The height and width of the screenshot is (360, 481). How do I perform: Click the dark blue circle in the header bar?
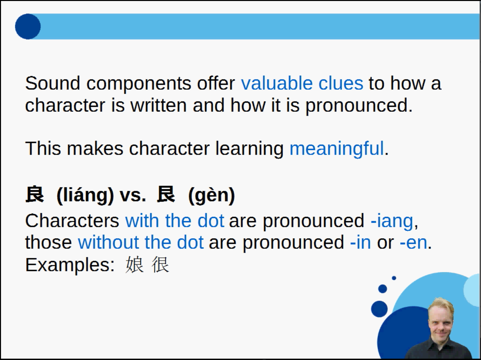[x=28, y=27]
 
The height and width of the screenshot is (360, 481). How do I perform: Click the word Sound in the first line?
[x=53, y=83]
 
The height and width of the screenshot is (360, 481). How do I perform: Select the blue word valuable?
[x=277, y=83]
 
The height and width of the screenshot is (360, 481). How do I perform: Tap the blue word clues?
[x=341, y=83]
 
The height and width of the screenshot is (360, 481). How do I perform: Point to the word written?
[x=159, y=105]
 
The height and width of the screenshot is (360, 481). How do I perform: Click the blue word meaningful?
[x=337, y=149]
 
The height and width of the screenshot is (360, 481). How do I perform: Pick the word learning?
[x=250, y=149]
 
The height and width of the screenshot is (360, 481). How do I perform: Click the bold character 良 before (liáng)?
[x=35, y=194]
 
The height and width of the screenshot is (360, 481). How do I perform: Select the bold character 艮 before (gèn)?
[x=166, y=194]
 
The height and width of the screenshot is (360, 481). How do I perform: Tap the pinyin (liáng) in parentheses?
[x=85, y=195]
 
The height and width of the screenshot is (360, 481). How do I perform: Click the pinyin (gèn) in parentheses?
[x=211, y=195]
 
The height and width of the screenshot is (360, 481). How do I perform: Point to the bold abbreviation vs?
[x=133, y=195]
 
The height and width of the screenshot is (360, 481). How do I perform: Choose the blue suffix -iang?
[x=392, y=221]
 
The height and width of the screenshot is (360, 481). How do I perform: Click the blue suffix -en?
[x=414, y=243]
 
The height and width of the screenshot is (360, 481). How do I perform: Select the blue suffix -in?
[x=360, y=242]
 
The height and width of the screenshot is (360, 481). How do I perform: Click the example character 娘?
[x=135, y=265]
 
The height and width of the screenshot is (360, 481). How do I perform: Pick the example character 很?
[x=160, y=265]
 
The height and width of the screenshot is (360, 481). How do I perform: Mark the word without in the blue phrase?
[x=108, y=242]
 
